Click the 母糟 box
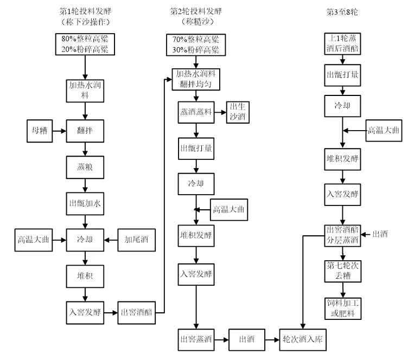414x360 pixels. tap(39, 131)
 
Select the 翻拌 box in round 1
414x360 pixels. tap(85, 131)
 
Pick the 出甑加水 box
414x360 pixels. tap(85, 204)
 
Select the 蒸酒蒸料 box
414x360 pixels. tap(196, 112)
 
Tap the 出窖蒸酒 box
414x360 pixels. tap(196, 339)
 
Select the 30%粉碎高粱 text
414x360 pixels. tap(195, 49)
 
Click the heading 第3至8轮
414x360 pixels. tap(341, 11)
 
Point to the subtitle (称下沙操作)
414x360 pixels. tap(86, 22)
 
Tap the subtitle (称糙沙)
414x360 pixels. tap(196, 22)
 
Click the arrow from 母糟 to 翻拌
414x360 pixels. tap(59, 131)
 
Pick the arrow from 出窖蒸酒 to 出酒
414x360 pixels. tap(221, 339)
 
